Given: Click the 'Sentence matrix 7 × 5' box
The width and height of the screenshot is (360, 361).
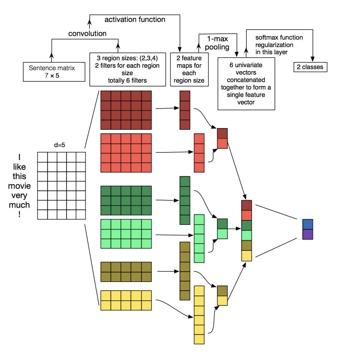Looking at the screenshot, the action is [54, 72].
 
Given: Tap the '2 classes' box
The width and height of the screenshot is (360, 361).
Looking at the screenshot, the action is [310, 67].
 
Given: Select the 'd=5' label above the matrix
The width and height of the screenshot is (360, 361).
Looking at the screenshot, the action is [60, 145].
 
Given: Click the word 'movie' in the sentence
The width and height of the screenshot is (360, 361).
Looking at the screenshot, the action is [19, 186].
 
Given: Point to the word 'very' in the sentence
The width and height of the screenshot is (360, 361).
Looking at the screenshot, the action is [19, 196].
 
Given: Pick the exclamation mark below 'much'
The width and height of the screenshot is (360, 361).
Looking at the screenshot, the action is [19, 214].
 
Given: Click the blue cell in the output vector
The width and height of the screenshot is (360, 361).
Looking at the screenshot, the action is [308, 224].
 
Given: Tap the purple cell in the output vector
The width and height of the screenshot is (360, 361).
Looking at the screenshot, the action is [308, 235].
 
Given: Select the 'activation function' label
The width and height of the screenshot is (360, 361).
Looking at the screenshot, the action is [135, 20].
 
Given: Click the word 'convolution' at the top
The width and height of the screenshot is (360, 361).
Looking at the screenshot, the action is [87, 34].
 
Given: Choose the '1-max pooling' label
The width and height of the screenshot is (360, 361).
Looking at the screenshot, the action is [217, 43].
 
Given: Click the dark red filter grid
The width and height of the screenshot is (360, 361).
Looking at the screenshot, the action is [126, 110].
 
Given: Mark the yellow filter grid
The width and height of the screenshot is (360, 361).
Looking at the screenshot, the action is [126, 300].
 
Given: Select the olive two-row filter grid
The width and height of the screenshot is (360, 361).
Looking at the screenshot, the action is [126, 272].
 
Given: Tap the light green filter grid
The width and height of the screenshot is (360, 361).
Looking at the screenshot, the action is [126, 234].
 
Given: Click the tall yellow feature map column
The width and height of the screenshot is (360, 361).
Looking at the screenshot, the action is [199, 315].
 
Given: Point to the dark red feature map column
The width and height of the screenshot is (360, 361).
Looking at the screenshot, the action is [185, 110].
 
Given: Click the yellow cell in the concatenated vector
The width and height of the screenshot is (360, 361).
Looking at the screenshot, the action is [246, 256].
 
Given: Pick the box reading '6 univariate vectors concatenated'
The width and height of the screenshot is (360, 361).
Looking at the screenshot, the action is [246, 84].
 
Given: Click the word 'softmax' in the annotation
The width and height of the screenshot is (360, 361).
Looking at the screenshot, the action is [265, 37].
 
